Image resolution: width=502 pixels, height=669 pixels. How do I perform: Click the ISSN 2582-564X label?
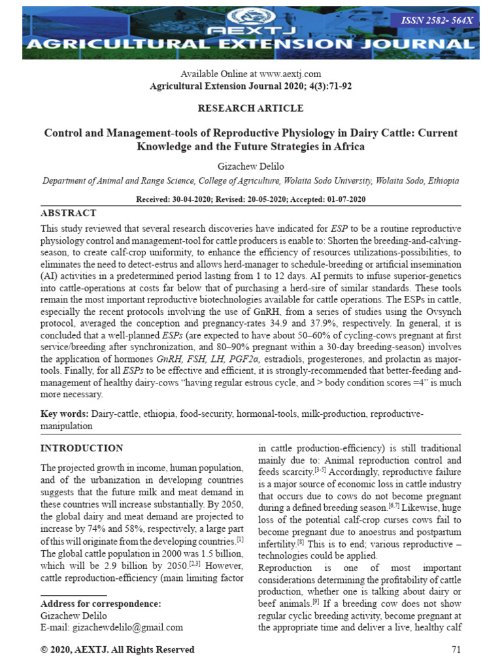[443, 21]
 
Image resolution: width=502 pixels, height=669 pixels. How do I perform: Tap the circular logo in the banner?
[251, 16]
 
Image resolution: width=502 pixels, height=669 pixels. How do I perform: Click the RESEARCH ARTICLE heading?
[251, 108]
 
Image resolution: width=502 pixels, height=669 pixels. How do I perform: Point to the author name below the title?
[251, 166]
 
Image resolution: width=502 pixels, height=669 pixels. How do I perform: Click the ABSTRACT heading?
[68, 213]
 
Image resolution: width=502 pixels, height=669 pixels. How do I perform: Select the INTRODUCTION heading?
[82, 448]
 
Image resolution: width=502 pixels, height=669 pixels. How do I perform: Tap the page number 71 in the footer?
[456, 649]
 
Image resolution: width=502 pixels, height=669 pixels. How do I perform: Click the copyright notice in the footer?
[118, 649]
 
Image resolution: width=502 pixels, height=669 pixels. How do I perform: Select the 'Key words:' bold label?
[65, 414]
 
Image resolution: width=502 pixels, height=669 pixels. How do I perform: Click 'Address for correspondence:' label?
[101, 604]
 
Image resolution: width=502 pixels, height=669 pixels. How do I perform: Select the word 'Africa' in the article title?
[347, 146]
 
